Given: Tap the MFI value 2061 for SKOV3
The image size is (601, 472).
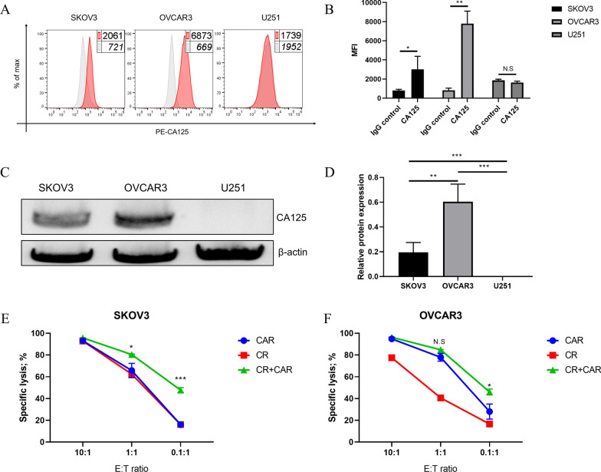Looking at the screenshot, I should [113, 38].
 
